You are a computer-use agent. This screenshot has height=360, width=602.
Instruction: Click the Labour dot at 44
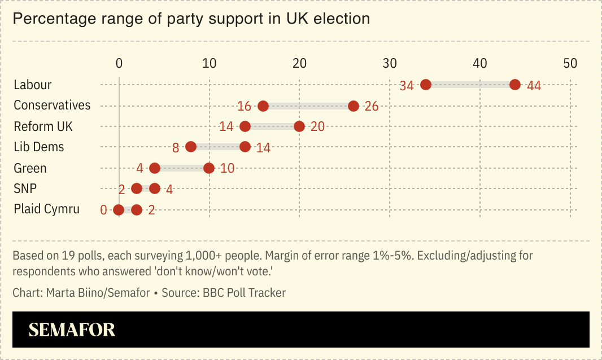click(x=515, y=85)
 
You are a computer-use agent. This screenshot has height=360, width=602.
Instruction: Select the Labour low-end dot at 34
click(x=426, y=85)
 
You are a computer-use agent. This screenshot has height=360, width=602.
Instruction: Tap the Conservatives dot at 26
click(x=354, y=106)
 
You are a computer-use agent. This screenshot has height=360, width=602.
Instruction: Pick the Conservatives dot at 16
click(x=263, y=106)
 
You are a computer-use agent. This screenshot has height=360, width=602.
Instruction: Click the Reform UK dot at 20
click(x=299, y=126)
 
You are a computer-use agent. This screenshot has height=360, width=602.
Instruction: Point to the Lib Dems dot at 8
click(x=191, y=147)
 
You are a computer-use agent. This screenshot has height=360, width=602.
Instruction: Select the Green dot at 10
click(x=209, y=168)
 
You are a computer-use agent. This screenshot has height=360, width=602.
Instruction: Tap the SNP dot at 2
click(x=137, y=188)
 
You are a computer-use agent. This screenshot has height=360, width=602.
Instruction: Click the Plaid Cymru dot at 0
click(x=119, y=210)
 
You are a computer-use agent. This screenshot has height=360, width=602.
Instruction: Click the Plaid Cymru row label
click(x=46, y=209)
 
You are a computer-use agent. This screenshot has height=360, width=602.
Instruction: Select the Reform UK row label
click(x=43, y=126)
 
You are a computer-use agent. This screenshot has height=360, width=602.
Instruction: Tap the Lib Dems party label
click(x=39, y=147)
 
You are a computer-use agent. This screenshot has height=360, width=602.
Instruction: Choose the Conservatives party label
click(x=52, y=106)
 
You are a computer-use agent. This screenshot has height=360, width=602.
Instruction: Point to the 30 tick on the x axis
click(x=390, y=63)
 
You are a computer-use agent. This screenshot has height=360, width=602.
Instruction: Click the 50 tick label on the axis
click(x=570, y=63)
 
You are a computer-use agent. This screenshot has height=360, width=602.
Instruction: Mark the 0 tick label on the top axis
click(x=119, y=63)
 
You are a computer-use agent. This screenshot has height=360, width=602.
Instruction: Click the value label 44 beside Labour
click(x=534, y=86)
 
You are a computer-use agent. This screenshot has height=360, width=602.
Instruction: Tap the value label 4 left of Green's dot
click(x=139, y=169)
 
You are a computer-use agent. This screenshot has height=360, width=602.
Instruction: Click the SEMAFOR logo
click(x=72, y=330)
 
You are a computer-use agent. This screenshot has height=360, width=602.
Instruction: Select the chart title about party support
click(x=191, y=19)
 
